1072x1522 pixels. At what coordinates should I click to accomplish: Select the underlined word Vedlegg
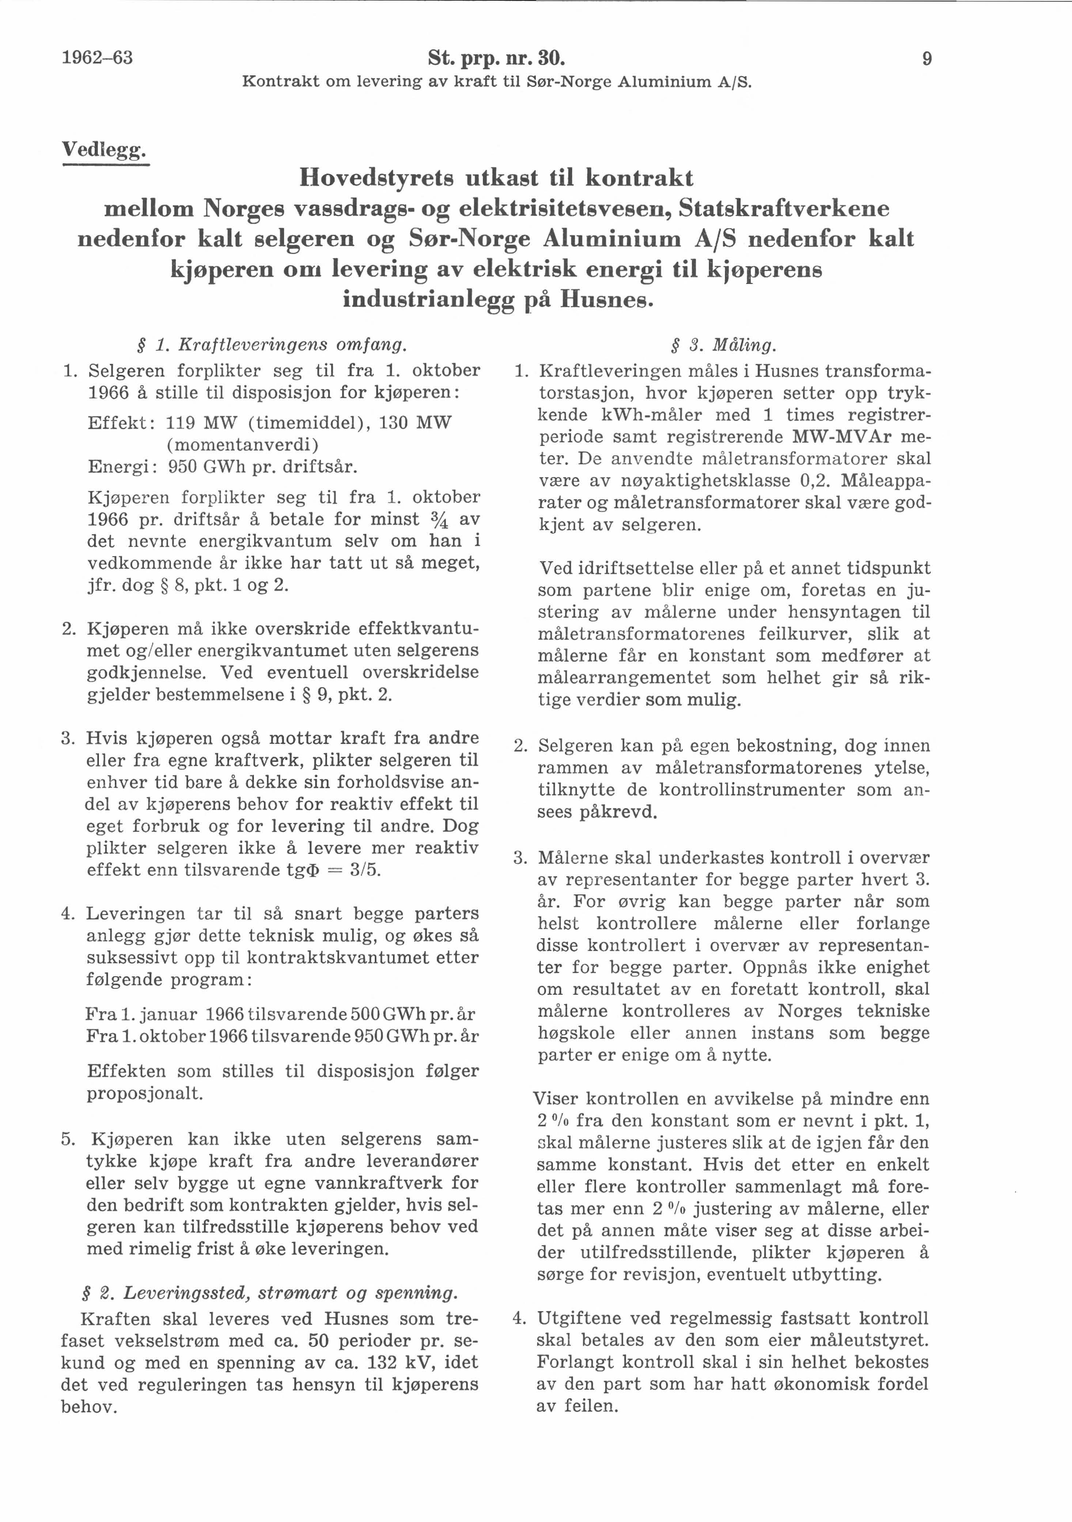[104, 150]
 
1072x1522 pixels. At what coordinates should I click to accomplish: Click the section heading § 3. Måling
[724, 345]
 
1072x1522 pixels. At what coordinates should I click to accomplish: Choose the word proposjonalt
[144, 1093]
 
